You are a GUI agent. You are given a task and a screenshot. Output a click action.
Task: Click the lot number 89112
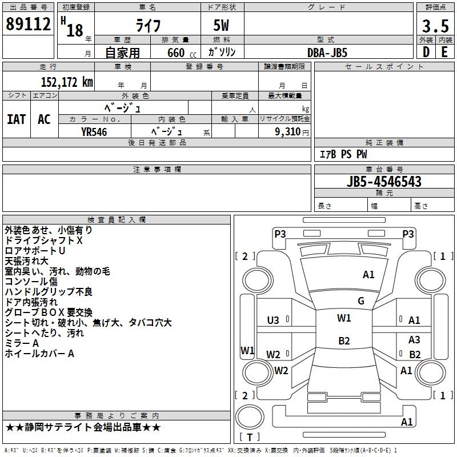click(x=28, y=23)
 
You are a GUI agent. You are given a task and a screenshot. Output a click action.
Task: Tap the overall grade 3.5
click(x=435, y=26)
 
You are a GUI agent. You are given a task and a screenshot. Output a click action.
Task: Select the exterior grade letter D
click(x=426, y=52)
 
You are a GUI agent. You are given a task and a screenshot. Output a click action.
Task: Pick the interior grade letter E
click(x=444, y=52)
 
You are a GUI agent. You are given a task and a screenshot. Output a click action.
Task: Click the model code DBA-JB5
click(x=327, y=53)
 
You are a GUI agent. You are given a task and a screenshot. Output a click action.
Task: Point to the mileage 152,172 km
click(x=67, y=82)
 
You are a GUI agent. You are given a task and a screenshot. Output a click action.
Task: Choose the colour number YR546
click(x=94, y=132)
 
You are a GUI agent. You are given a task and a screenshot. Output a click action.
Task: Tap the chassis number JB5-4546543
click(x=384, y=181)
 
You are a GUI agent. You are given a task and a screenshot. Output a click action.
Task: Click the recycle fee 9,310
click(x=288, y=132)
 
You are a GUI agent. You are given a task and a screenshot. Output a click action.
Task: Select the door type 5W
click(x=221, y=25)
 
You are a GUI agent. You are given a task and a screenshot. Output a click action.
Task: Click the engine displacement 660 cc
click(x=182, y=53)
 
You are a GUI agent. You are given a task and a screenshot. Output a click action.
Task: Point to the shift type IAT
click(x=17, y=119)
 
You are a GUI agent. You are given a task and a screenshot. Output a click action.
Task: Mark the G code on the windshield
click(x=361, y=300)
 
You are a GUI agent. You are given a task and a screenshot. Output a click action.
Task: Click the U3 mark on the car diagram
click(x=273, y=320)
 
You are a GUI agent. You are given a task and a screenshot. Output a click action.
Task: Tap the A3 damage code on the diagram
click(x=414, y=339)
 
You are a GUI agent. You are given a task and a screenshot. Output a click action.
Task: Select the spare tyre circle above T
click(x=250, y=417)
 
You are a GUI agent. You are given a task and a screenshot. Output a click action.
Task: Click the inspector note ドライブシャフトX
click(x=44, y=240)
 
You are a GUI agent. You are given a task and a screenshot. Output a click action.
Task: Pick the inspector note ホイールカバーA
click(x=39, y=354)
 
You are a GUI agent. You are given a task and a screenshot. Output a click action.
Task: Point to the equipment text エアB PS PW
click(x=343, y=154)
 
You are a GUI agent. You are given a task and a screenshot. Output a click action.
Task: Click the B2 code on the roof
click(x=344, y=340)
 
